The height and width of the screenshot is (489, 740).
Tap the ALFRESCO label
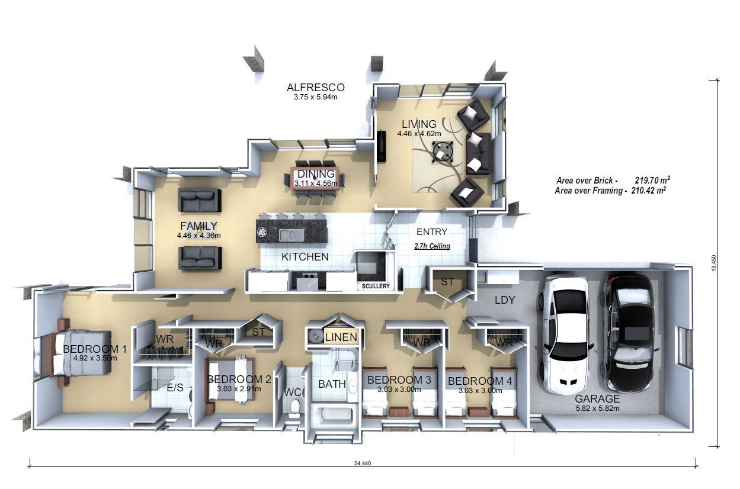315,88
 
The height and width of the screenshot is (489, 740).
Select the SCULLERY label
376,286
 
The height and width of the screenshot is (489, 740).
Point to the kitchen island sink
291,235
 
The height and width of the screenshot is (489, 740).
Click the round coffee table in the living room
443,152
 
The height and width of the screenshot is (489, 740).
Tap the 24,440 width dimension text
363,463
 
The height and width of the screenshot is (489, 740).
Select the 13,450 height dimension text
714,263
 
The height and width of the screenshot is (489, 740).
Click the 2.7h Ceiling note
432,246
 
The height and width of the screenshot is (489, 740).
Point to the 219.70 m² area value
652,181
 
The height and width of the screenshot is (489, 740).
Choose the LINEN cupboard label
341,337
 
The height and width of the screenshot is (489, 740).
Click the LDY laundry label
505,300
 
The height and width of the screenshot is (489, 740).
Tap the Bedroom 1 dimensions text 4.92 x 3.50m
95,358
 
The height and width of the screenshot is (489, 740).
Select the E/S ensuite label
175,388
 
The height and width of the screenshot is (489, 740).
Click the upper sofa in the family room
200,200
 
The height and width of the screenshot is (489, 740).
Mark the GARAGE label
597,399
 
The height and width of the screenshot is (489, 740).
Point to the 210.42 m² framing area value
648,191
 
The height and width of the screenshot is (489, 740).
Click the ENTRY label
432,232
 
